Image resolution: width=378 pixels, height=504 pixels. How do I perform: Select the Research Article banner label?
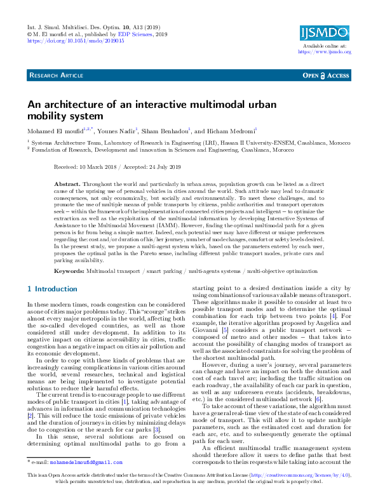pos(57,76)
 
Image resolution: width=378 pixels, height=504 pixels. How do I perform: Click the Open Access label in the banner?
pos(326,76)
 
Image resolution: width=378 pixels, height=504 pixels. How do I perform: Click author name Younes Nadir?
pos(116,131)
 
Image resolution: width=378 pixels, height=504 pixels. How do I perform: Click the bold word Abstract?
pos(68,182)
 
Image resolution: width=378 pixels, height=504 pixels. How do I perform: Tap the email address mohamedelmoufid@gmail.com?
pos(86,463)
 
